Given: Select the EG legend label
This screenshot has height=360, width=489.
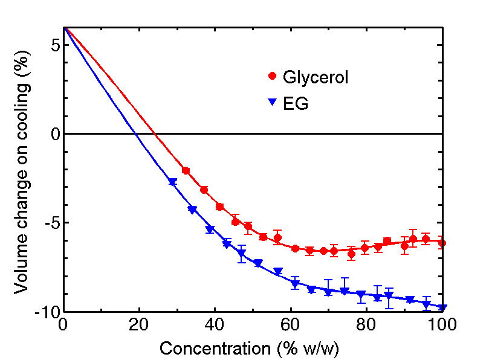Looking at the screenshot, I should pos(296,104).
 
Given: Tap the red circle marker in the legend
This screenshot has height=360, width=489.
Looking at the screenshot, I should pos(272,76).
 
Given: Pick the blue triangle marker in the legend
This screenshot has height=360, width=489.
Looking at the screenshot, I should pos(272,104).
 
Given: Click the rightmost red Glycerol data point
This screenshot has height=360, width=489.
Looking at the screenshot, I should pos(442,243).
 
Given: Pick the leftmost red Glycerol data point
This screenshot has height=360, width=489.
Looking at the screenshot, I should pos(186,171).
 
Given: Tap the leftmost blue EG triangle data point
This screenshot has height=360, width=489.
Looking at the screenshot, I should pos(172,182).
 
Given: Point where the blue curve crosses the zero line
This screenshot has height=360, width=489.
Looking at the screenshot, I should pos(136,133).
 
